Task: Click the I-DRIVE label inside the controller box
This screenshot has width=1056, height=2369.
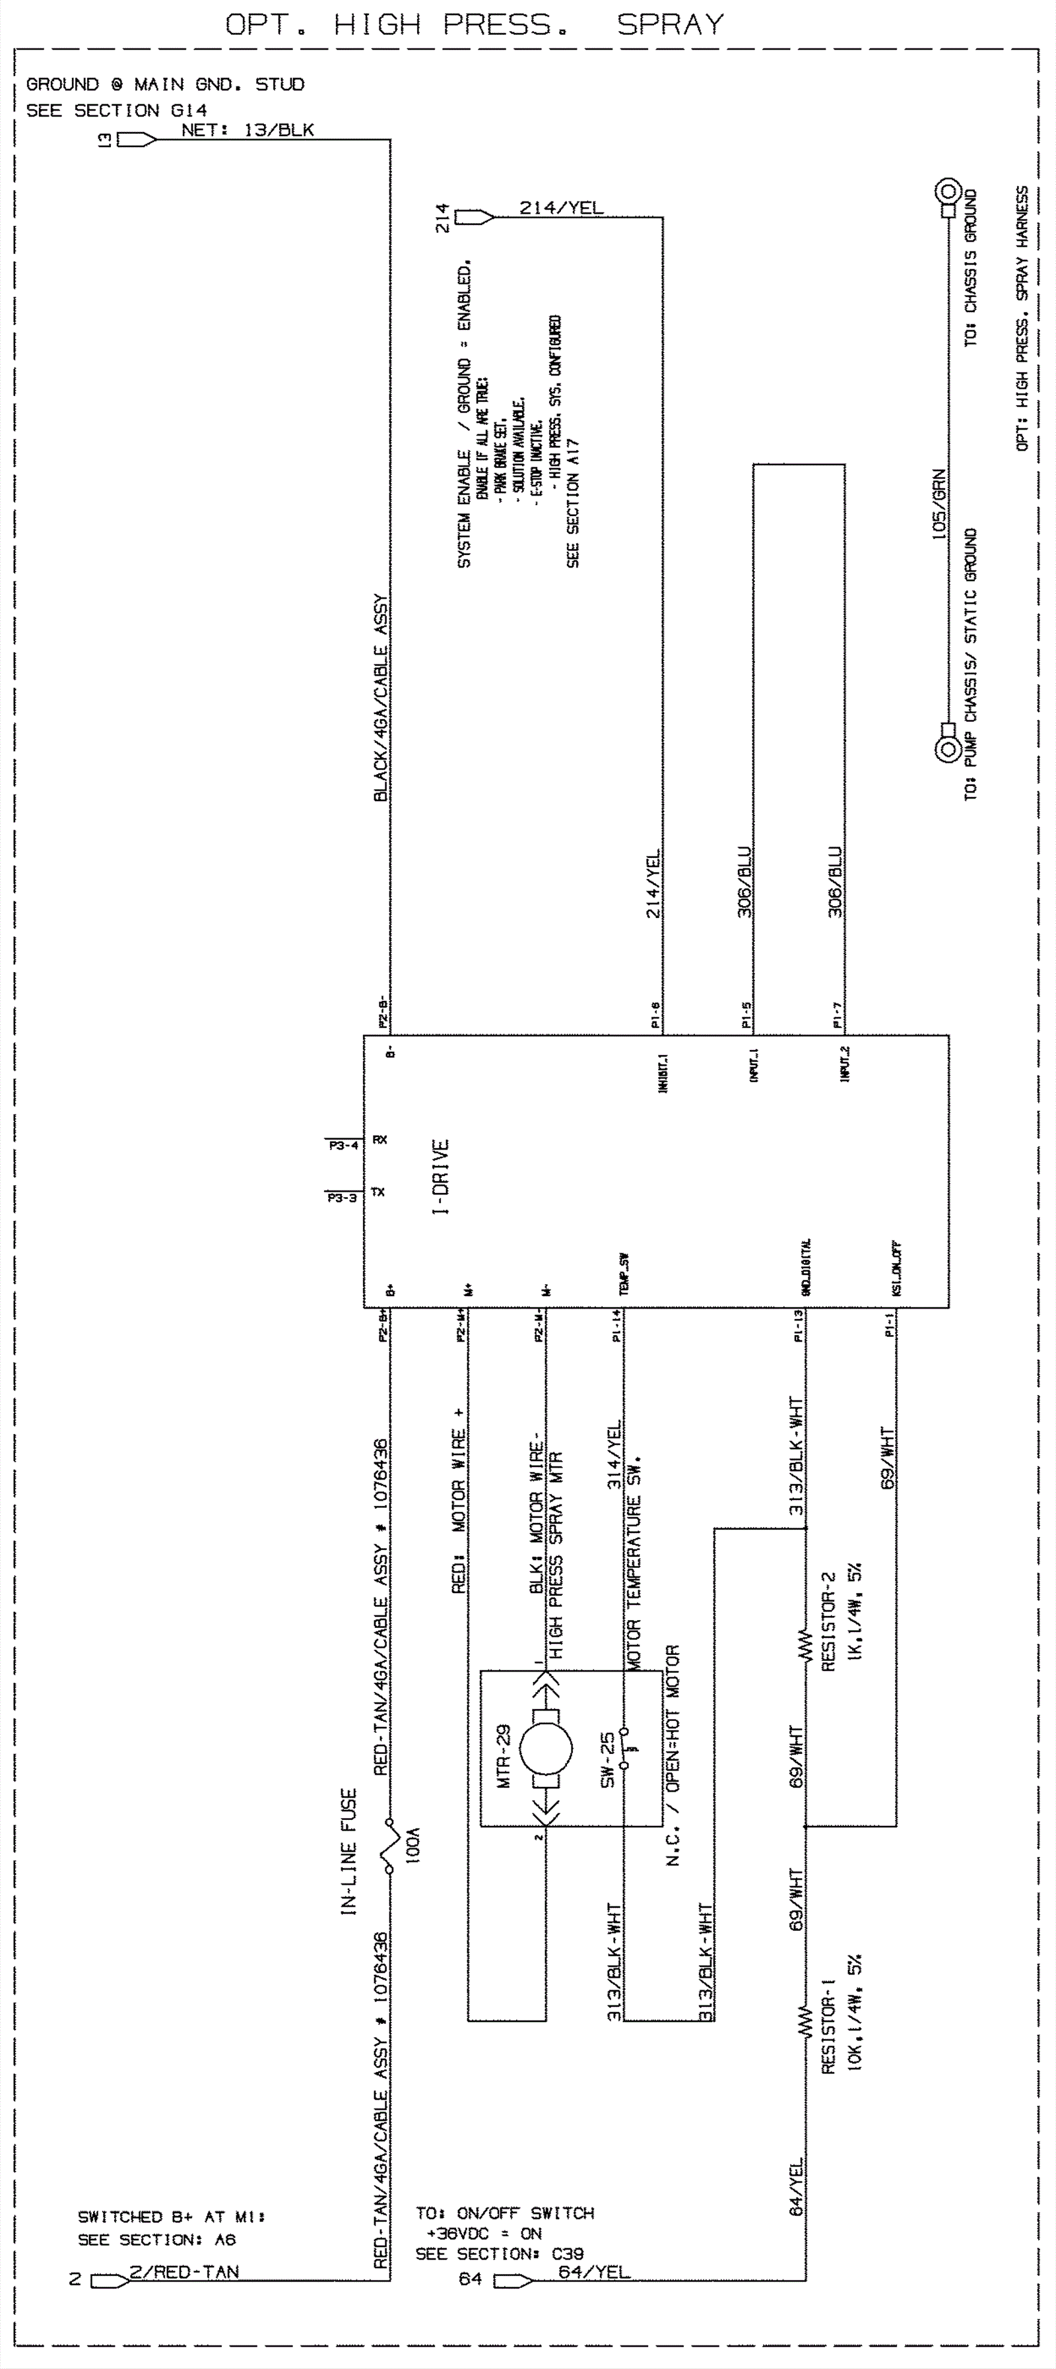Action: point(441,1177)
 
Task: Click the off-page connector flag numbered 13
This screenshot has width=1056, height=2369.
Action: point(136,140)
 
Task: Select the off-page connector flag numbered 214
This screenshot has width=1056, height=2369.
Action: point(474,218)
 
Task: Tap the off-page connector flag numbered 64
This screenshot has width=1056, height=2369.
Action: point(512,2281)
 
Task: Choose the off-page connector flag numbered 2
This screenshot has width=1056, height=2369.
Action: point(110,2281)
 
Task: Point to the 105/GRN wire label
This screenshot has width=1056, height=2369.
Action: point(939,504)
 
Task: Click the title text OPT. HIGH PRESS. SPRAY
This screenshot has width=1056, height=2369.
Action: point(475,25)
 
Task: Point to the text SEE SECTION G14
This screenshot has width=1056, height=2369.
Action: point(117,110)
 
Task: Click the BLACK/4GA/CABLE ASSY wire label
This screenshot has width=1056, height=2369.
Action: point(381,699)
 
